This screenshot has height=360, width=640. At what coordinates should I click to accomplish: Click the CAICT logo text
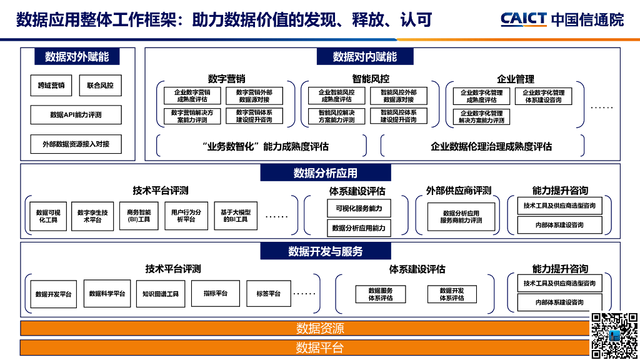pos(524,19)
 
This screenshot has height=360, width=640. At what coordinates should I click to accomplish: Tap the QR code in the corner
pos(614,336)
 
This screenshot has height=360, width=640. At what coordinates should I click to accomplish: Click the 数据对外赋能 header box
pos(77,57)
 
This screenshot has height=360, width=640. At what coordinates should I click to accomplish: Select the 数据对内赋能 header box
pos(365,57)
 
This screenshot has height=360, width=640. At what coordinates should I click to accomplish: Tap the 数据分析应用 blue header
pos(326,173)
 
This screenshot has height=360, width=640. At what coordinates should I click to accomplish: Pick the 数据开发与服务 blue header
pos(326,251)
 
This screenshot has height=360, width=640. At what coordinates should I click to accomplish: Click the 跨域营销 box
pos(51,86)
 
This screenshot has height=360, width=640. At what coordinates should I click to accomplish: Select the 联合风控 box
pos(100,86)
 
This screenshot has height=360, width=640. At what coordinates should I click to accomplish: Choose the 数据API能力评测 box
pos(76,115)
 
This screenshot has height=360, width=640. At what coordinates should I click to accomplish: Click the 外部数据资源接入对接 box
pos(76,144)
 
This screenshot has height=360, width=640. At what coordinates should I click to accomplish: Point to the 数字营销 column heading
pos(226,79)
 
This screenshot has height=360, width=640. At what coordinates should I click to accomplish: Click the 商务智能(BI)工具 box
pos(139,216)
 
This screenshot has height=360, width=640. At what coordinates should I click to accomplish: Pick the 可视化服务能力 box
pos(359,208)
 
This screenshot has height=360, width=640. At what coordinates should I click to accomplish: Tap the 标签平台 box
pos(268,294)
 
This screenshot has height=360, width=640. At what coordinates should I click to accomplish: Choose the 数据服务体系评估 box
pos(381,294)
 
